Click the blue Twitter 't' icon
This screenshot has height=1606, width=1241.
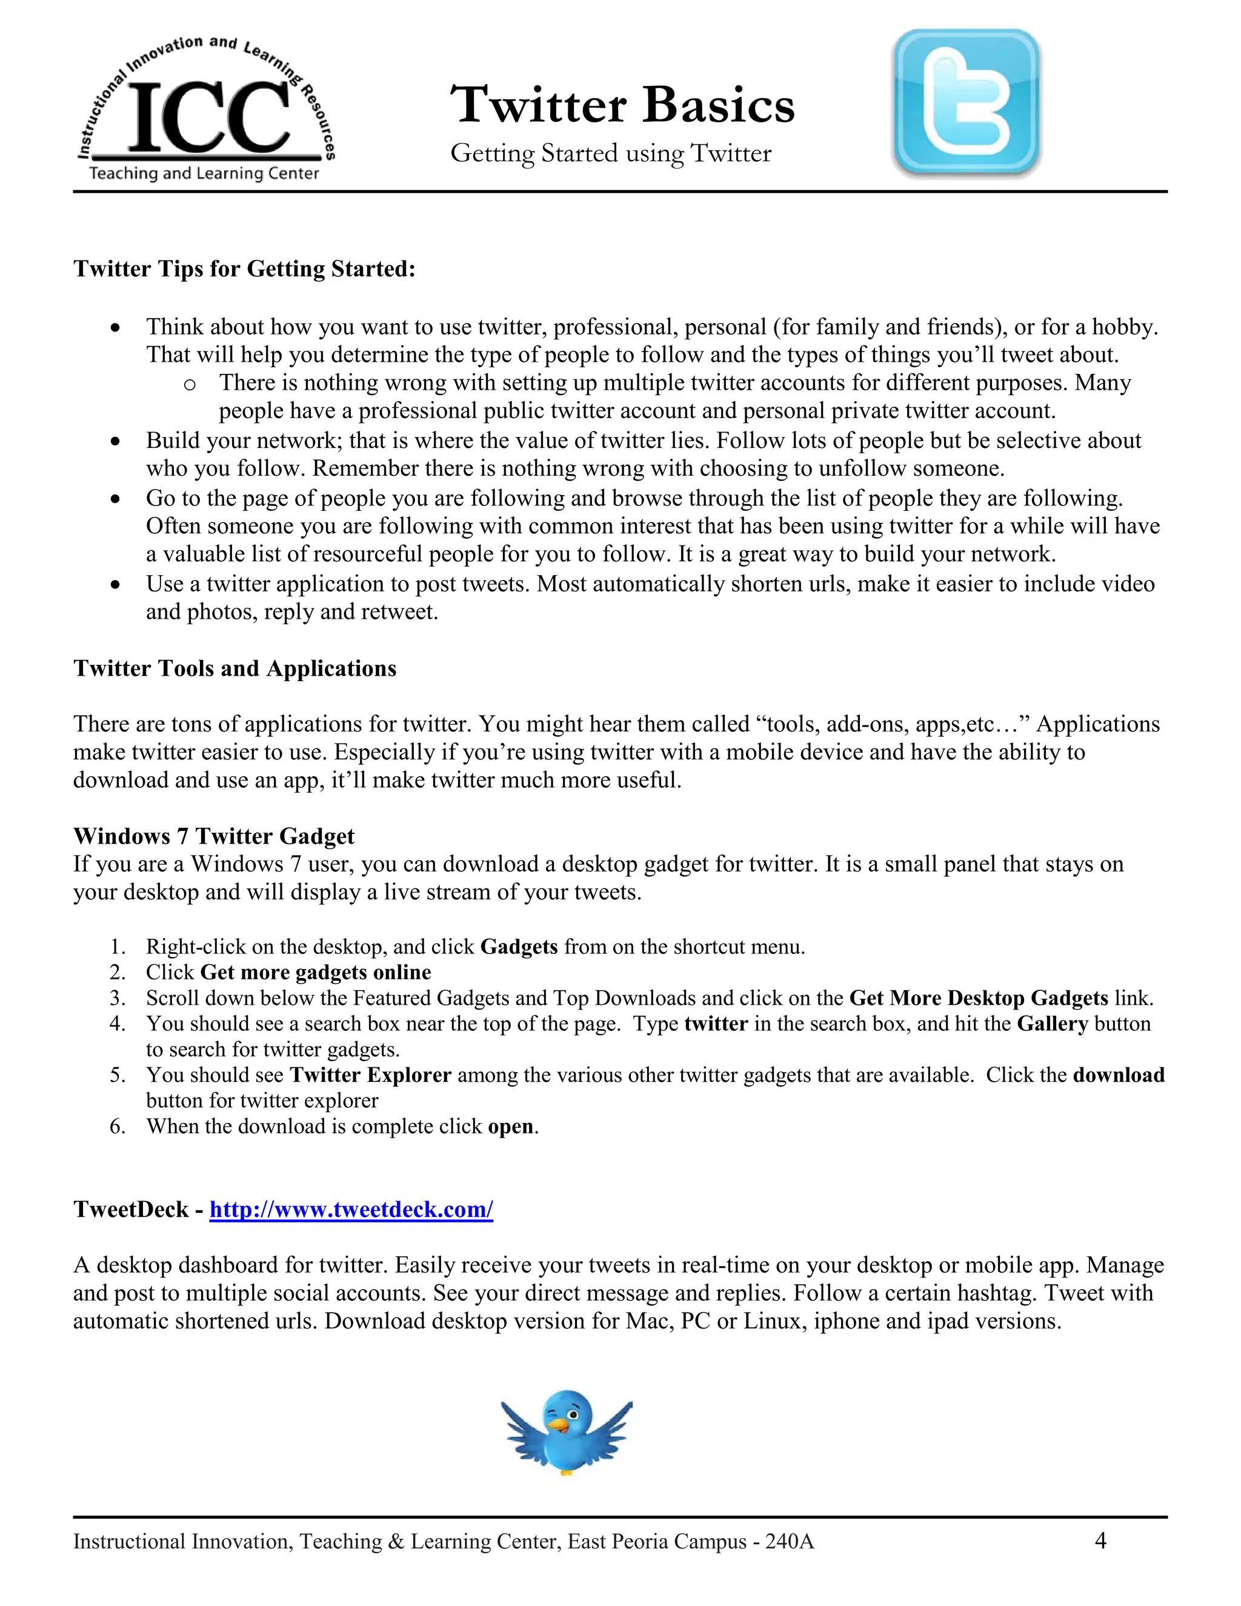tap(965, 103)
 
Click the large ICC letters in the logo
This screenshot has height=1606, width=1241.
tap(209, 118)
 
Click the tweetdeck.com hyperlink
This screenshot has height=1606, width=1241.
tap(351, 1209)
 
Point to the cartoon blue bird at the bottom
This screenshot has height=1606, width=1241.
tap(566, 1431)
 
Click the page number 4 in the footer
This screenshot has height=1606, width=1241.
tap(1100, 1540)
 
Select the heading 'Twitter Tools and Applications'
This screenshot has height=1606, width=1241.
tap(235, 668)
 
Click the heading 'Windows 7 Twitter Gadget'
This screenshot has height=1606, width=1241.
tap(213, 836)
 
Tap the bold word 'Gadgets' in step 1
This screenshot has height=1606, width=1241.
tap(519, 947)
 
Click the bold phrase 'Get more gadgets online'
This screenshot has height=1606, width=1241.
tap(315, 972)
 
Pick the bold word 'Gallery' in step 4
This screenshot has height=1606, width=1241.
tap(1052, 1024)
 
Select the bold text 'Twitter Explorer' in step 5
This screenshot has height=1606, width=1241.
tap(370, 1075)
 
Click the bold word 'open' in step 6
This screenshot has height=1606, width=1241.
tap(510, 1127)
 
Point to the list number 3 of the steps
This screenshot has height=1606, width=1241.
tap(117, 999)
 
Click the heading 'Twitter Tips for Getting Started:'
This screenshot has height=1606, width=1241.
tap(244, 269)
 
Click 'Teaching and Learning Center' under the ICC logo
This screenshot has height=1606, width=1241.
tap(204, 173)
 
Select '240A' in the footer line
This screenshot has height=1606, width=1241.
tap(789, 1541)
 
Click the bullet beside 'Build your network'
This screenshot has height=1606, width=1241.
tap(115, 441)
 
